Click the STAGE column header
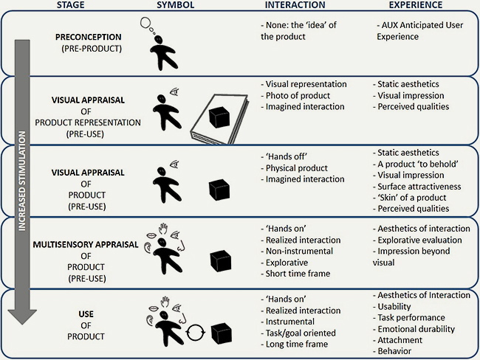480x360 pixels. [x=70, y=5]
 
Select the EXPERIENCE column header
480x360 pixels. [x=416, y=5]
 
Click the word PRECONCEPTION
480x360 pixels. [x=88, y=37]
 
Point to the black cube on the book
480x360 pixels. [x=219, y=118]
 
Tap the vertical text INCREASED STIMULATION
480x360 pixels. [x=22, y=181]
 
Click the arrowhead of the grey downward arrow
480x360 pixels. [x=22, y=317]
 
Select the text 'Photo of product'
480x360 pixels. [x=295, y=95]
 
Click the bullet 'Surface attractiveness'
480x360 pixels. [x=416, y=186]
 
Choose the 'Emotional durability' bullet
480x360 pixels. [x=414, y=329]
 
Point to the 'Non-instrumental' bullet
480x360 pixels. [x=297, y=251]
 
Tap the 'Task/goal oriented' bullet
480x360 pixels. [x=298, y=333]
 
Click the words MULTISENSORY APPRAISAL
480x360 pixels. [x=86, y=245]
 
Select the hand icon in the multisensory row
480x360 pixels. [x=163, y=229]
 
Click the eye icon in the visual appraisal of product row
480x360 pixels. [x=174, y=165]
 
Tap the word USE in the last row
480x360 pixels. [x=86, y=314]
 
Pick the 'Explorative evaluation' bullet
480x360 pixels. [x=417, y=240]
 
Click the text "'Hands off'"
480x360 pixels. [x=284, y=156]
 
